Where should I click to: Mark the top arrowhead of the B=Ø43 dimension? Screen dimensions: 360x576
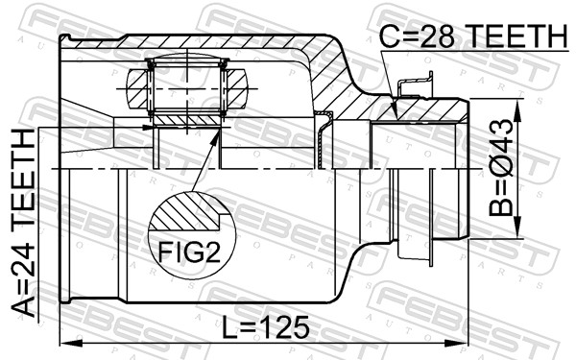(518, 101)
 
